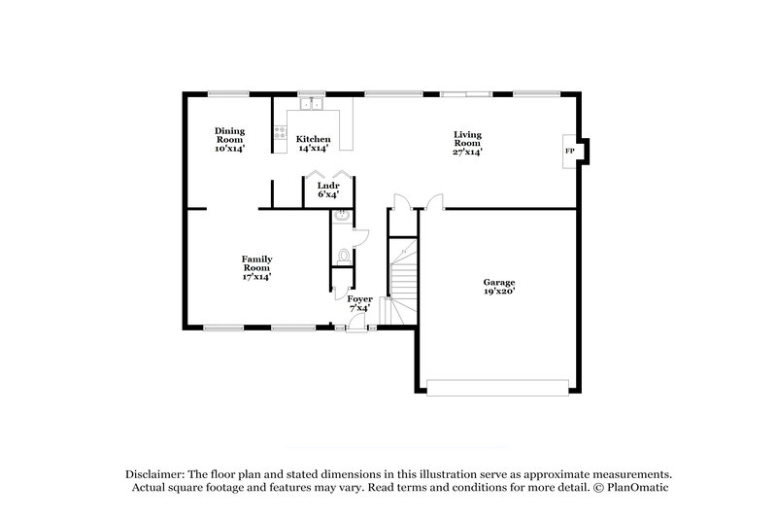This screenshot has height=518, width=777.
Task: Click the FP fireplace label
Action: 570,152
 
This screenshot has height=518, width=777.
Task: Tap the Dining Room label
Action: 230,135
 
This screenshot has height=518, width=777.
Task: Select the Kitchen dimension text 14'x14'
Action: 314,149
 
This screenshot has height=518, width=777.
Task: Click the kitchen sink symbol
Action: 312,103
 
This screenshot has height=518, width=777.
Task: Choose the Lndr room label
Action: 328,185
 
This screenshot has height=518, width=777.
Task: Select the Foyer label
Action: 359,298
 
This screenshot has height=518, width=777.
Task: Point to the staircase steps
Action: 403,282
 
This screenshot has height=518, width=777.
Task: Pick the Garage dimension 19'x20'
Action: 499,292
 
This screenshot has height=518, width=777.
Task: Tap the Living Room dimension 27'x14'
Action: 467,152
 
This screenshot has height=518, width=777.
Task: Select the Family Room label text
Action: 256,263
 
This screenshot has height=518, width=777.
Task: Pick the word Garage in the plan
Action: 499,283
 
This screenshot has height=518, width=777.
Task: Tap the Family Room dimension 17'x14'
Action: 256,277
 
